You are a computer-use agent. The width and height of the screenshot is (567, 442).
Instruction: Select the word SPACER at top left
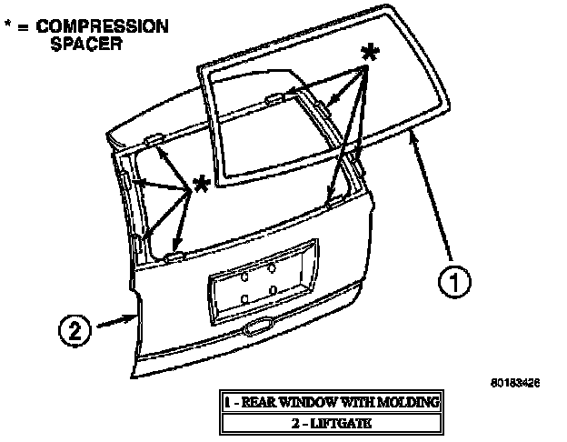[x=86, y=44]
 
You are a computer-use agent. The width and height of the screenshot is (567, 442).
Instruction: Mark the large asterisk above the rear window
[x=369, y=53]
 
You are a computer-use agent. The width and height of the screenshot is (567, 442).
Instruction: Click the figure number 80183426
[x=515, y=383]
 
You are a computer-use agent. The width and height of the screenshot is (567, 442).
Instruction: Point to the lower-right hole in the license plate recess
[x=273, y=291]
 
